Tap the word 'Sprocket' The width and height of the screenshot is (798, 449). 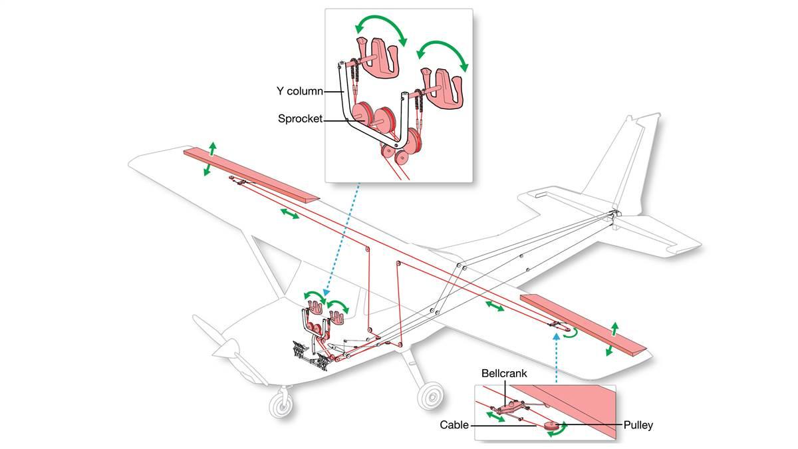click(x=301, y=118)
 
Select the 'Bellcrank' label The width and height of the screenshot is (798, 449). click(x=507, y=374)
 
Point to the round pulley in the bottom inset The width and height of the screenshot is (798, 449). click(x=551, y=424)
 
